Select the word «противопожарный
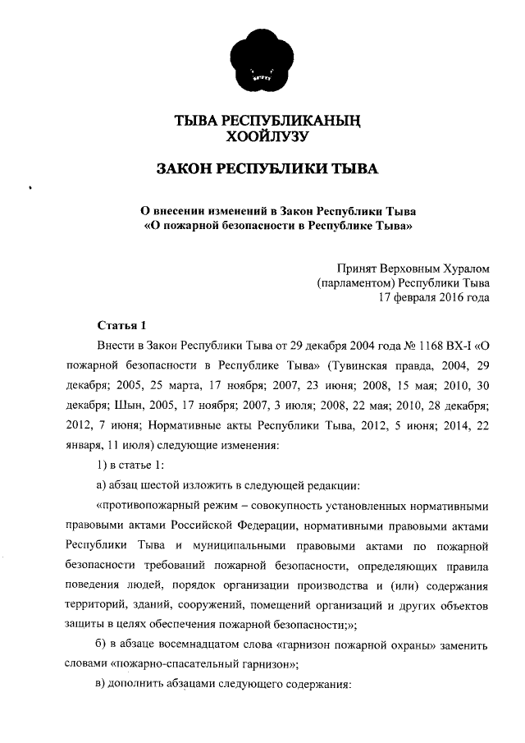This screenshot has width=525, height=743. point(147,505)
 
